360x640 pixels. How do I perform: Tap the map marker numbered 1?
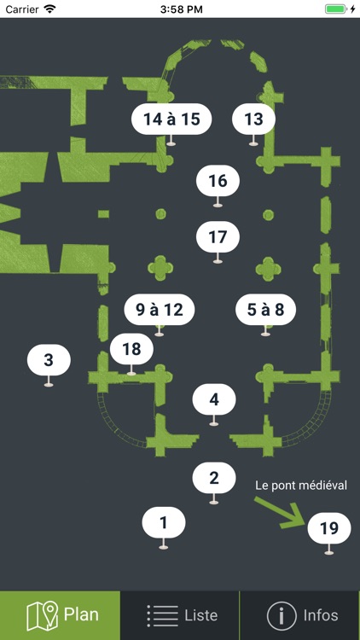point(164,523)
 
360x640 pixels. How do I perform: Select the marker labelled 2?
point(214,478)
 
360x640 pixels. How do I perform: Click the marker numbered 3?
point(49,360)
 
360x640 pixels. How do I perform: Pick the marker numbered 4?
point(214,399)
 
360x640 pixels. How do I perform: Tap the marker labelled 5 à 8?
point(265,310)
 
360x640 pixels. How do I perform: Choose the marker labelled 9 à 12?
point(160,310)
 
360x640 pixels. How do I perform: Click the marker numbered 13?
point(254,119)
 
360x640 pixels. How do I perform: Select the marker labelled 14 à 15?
point(171,119)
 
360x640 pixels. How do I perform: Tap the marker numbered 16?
point(218,181)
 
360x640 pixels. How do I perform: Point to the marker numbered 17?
point(218,237)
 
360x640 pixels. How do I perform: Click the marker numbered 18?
point(132,349)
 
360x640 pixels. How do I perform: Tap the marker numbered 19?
point(329,528)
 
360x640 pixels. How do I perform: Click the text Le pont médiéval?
point(301,486)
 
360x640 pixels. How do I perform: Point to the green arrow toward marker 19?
point(282,513)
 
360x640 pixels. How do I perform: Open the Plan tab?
point(60,615)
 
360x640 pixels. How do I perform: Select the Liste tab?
point(180,615)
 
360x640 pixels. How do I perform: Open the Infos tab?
point(300,615)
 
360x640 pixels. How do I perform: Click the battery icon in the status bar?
point(335,9)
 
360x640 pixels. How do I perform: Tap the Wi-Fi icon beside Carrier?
point(50,9)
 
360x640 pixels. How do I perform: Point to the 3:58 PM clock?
point(181,9)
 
